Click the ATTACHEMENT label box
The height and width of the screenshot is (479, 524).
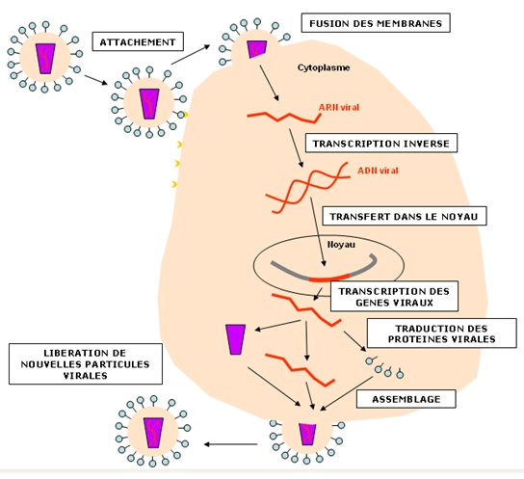tap(138, 41)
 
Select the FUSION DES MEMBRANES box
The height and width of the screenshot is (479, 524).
tap(376, 23)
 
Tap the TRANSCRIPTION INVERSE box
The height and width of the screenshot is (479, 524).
tap(381, 144)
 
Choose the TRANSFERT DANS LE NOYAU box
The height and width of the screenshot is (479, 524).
tap(404, 216)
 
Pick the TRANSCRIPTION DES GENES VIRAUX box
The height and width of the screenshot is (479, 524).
tap(394, 297)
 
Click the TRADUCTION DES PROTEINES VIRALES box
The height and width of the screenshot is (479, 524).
tap(441, 333)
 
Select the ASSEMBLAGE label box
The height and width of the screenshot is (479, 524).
tap(406, 399)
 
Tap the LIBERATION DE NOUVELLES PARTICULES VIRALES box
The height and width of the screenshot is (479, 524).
tap(86, 364)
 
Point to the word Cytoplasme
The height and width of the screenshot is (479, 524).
tap(324, 67)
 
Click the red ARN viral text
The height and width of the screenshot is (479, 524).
tap(339, 107)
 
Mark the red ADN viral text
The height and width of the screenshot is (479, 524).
tap(378, 171)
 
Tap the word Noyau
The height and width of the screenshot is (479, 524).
tap(341, 245)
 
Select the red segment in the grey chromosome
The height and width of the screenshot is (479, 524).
tap(329, 279)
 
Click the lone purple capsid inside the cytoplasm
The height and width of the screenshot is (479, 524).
tap(236, 339)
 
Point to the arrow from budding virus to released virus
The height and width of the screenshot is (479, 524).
tap(230, 444)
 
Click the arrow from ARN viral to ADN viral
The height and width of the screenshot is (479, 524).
tap(297, 148)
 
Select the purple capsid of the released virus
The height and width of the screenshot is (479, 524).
tap(153, 433)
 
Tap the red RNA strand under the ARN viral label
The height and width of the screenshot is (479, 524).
tap(284, 118)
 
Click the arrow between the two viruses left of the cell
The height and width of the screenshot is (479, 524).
tap(96, 80)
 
